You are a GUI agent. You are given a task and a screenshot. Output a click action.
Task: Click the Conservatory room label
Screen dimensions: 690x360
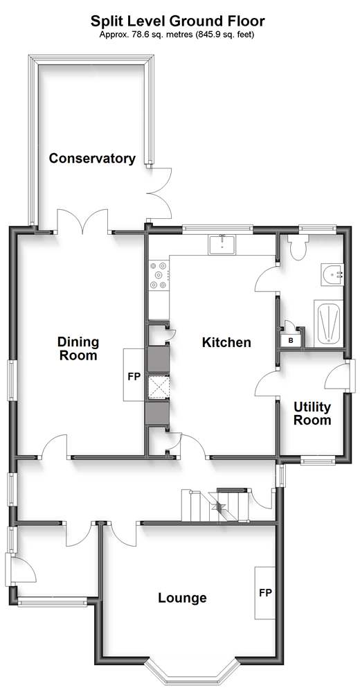pyautogui.click(x=92, y=159)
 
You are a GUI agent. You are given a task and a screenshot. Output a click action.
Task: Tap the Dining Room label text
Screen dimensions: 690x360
pyautogui.click(x=78, y=348)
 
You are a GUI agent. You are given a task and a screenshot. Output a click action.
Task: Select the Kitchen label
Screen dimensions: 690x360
pyautogui.click(x=226, y=342)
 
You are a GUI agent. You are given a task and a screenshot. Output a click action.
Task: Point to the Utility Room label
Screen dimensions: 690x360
pyautogui.click(x=312, y=413)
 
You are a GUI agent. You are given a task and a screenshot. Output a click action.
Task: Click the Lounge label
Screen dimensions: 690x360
pyautogui.click(x=182, y=598)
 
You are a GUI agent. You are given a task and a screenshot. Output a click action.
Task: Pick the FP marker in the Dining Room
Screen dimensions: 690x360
pyautogui.click(x=134, y=378)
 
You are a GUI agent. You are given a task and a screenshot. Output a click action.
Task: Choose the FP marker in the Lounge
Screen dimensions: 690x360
pyautogui.click(x=265, y=593)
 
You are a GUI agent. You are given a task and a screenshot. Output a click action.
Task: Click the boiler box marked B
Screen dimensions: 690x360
pyautogui.click(x=291, y=340)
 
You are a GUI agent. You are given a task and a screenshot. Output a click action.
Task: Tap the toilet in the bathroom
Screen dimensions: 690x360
pyautogui.click(x=300, y=248)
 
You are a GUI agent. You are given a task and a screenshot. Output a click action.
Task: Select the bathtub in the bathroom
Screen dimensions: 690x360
pyautogui.click(x=327, y=324)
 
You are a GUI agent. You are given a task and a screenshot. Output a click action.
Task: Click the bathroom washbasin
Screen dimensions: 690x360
pyautogui.click(x=333, y=275)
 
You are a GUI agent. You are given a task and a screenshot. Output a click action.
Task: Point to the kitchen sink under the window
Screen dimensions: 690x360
pyautogui.click(x=222, y=245)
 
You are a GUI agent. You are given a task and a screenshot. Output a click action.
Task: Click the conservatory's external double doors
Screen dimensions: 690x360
pyautogui.click(x=159, y=194)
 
